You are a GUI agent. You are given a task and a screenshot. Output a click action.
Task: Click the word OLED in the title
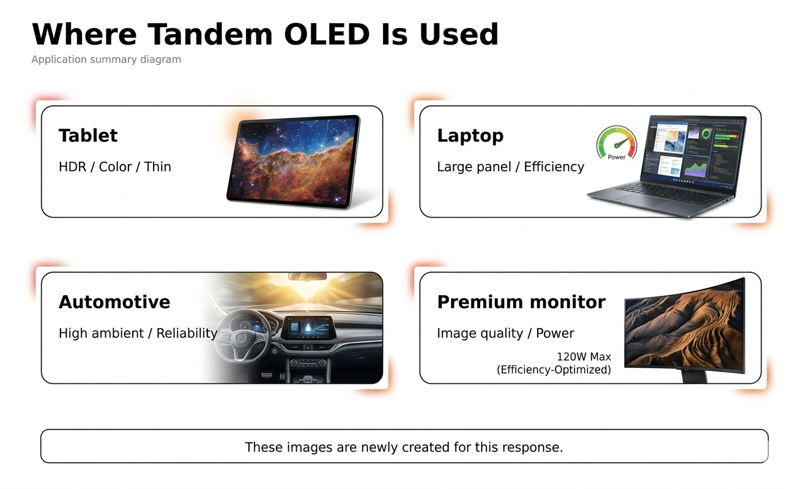[327, 34]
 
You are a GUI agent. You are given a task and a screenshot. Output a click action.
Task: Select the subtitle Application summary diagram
[106, 59]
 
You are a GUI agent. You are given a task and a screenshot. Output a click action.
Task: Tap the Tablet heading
[88, 136]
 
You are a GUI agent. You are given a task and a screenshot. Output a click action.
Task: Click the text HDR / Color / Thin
[115, 167]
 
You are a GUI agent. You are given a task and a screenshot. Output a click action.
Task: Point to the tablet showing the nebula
[294, 162]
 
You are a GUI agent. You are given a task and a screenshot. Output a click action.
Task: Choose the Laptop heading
[470, 136]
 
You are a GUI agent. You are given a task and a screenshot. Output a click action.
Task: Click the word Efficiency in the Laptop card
[554, 167]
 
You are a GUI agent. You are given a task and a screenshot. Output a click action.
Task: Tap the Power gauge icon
[617, 143]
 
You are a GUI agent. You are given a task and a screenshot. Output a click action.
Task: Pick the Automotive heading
[114, 302]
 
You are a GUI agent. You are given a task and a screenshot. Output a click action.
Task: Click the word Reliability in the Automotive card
[187, 333]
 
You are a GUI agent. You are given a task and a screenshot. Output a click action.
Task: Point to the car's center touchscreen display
[308, 327]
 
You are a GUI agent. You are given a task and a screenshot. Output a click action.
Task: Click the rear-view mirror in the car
[307, 276]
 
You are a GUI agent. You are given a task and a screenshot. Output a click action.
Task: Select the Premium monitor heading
[521, 302]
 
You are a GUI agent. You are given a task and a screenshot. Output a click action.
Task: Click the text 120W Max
[584, 356]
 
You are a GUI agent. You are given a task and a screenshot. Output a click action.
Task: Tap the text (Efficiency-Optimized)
[554, 370]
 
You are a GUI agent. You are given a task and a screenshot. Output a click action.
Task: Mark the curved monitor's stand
[694, 377]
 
